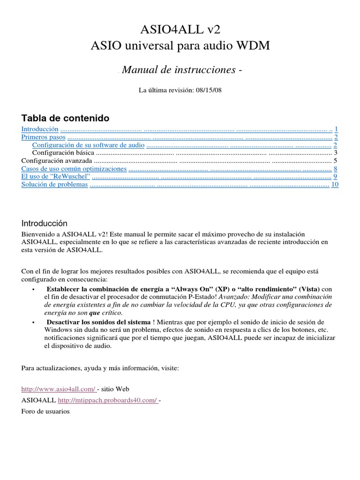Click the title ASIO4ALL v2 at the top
click(180, 30)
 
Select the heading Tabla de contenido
click(66, 117)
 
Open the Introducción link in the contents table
click(40, 129)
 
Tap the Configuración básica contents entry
click(63, 153)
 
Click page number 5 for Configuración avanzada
click(336, 161)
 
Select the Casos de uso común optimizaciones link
click(74, 169)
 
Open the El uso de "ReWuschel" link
click(56, 177)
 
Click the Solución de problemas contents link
click(55, 185)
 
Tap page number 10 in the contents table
click(335, 185)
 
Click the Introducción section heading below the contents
click(45, 224)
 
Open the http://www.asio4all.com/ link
click(59, 389)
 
